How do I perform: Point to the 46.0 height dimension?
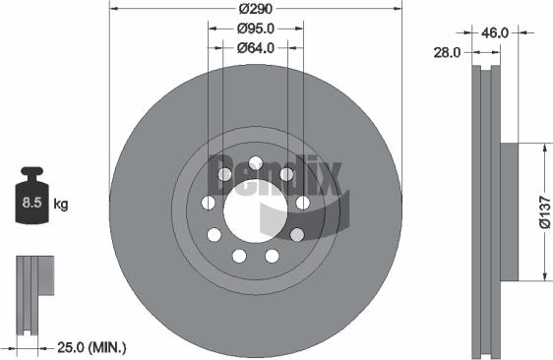pos(495,32)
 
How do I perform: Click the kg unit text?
pos(61,205)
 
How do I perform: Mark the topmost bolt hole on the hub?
pos(256,163)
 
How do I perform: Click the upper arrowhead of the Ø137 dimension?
pos(544,147)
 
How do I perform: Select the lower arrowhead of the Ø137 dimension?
pos(544,276)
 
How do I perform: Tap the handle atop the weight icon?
pos(31,174)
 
